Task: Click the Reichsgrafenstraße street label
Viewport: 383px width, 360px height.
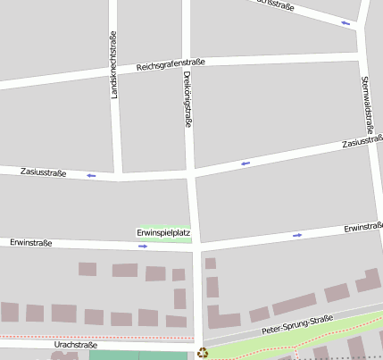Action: [171, 65]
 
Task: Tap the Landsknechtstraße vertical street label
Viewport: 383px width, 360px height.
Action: [113, 65]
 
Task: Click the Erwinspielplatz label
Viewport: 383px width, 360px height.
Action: [163, 233]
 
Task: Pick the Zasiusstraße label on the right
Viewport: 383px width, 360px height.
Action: [362, 141]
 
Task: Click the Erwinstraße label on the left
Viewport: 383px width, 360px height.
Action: [31, 242]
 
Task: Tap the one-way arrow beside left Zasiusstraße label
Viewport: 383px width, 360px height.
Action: [91, 175]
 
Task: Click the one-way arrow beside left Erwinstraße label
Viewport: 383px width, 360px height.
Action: [143, 246]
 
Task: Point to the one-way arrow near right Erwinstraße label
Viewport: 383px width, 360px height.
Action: [297, 235]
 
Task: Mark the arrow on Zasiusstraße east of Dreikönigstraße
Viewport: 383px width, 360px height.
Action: [245, 163]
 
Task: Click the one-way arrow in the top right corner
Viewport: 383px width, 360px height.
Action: [346, 22]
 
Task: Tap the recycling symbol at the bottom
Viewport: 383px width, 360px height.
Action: [203, 353]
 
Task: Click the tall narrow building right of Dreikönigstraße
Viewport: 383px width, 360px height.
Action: [212, 287]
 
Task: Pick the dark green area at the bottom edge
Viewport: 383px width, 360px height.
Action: [138, 356]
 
